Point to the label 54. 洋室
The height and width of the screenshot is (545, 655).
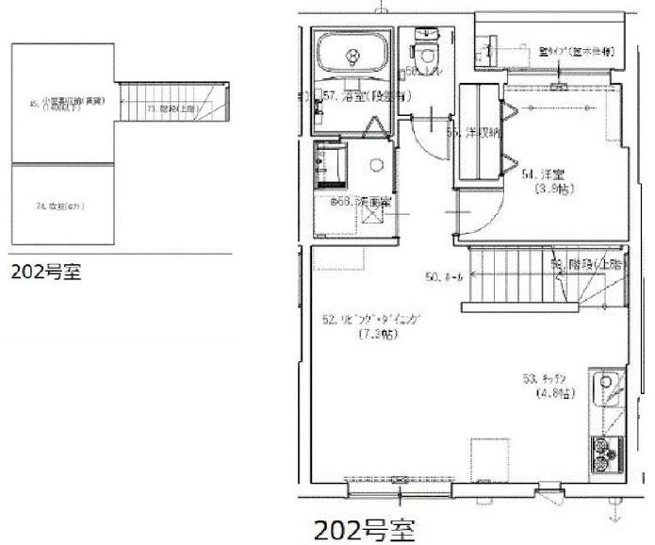pos(543,174)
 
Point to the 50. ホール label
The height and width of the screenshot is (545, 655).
pos(444,277)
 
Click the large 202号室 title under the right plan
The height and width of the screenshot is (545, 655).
pos(363,526)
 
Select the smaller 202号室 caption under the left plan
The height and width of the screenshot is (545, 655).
pos(45,273)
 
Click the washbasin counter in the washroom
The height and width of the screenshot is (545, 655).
pos(332,166)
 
